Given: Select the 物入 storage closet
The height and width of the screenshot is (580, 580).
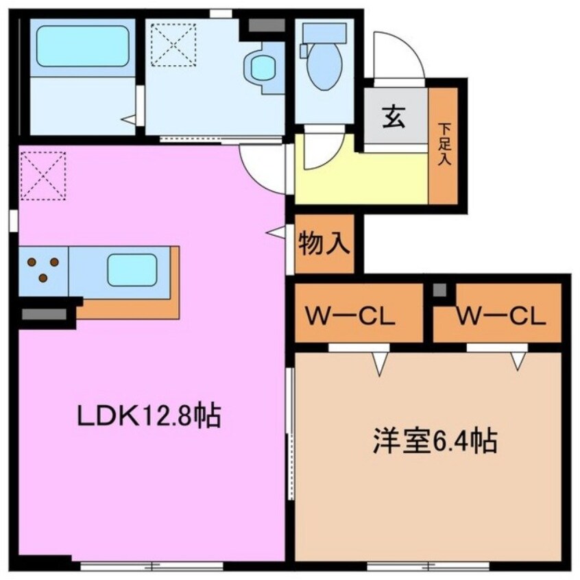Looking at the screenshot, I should point(324,244).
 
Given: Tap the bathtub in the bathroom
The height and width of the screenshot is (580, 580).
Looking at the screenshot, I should point(82,47).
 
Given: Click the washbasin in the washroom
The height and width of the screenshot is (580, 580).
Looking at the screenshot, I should point(262,67).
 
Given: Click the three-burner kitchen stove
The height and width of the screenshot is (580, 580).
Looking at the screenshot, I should point(43,269).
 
